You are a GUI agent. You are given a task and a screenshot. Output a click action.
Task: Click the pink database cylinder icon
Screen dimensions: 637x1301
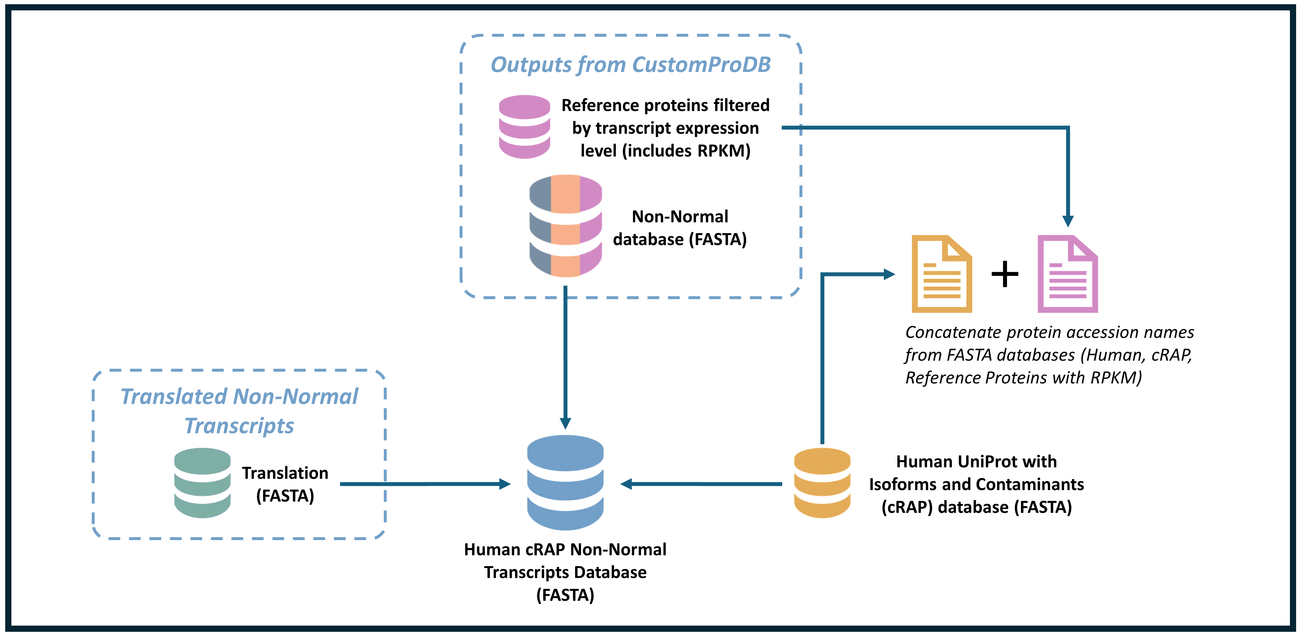[524, 127]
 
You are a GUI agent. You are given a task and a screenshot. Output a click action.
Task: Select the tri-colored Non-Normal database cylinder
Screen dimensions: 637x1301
[565, 226]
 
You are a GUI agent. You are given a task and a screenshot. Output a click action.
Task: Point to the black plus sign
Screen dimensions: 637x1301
[1005, 274]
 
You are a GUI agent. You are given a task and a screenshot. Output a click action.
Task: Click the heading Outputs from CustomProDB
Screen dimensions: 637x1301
[630, 65]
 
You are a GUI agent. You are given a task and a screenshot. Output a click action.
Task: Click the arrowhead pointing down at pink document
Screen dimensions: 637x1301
[1068, 221]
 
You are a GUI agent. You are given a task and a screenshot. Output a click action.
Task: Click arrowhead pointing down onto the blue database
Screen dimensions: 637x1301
[566, 423]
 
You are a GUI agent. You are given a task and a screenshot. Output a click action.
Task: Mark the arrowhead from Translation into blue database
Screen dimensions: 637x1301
[504, 484]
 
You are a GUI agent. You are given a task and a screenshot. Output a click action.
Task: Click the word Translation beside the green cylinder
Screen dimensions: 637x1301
[285, 473]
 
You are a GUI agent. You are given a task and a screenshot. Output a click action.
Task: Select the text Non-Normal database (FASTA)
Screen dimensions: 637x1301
[680, 228]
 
